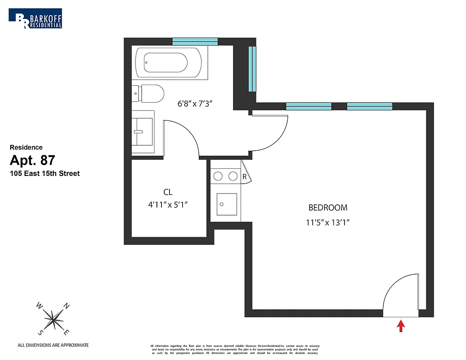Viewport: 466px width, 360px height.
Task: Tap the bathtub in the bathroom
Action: [165, 63]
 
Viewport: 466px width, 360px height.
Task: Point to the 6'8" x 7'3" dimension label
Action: [194, 103]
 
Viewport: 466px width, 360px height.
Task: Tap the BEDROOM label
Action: [327, 208]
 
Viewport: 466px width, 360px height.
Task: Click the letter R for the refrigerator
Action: [245, 177]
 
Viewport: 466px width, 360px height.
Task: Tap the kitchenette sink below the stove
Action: [226, 205]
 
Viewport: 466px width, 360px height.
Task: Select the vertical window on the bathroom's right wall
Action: [252, 68]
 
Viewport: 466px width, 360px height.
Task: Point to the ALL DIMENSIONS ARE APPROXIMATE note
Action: [53, 345]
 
